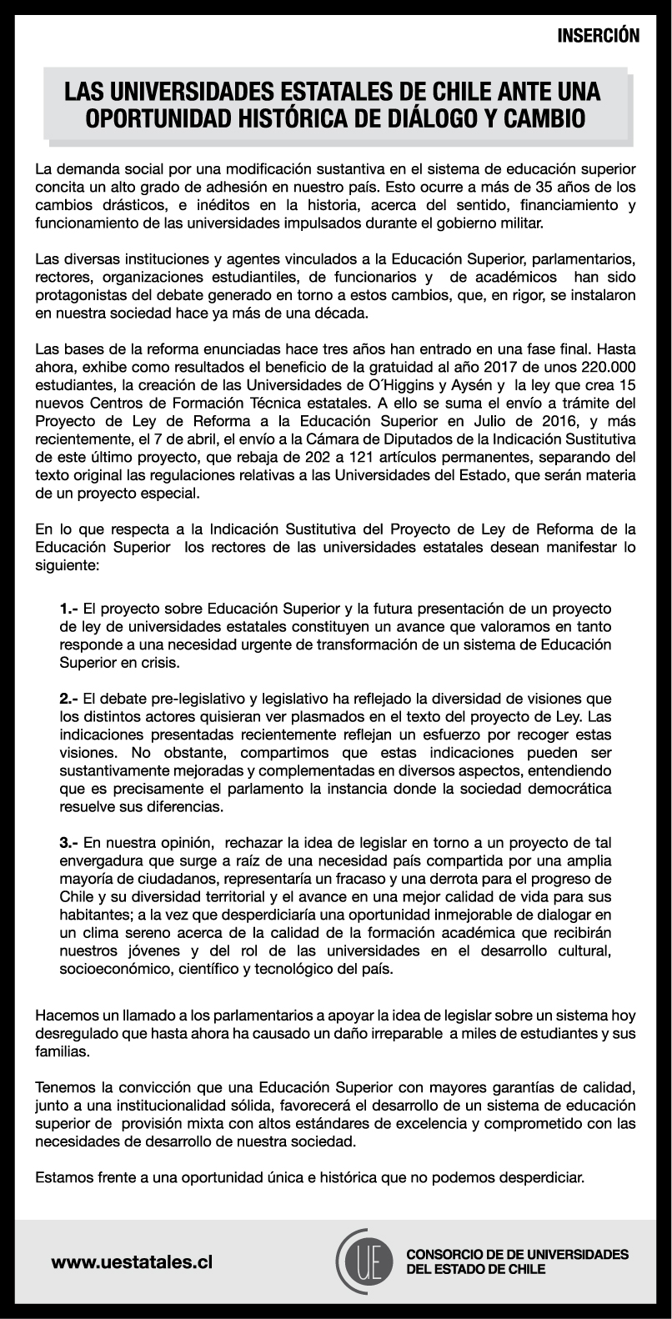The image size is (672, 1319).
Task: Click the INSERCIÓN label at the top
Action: [598, 36]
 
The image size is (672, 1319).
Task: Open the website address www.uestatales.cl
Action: [132, 1263]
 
